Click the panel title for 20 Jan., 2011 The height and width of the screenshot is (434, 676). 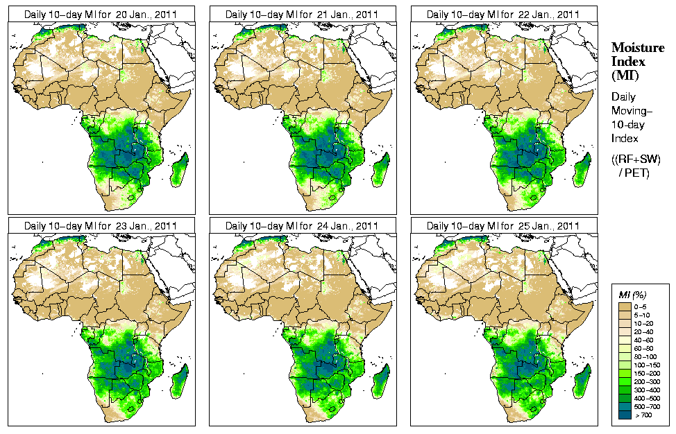pyautogui.click(x=101, y=14)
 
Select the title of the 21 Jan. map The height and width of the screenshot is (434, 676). pyautogui.click(x=302, y=14)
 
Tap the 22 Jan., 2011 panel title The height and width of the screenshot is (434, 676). pyautogui.click(x=503, y=14)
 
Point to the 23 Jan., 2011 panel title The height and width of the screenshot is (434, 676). pyautogui.click(x=101, y=226)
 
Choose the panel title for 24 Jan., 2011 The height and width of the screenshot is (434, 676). pyautogui.click(x=302, y=226)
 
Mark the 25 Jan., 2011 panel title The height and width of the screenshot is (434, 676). pyautogui.click(x=503, y=226)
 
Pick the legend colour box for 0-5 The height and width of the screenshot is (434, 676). pyautogui.click(x=625, y=306)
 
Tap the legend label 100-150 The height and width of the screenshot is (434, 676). pyautogui.click(x=648, y=363)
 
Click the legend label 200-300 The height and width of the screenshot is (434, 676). pyautogui.click(x=648, y=381)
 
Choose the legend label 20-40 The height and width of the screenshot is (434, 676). pyautogui.click(x=648, y=332)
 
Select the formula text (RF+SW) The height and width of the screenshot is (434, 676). pyautogui.click(x=636, y=159)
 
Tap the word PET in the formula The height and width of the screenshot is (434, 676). pyautogui.click(x=638, y=173)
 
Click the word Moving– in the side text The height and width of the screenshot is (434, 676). pyautogui.click(x=629, y=111)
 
